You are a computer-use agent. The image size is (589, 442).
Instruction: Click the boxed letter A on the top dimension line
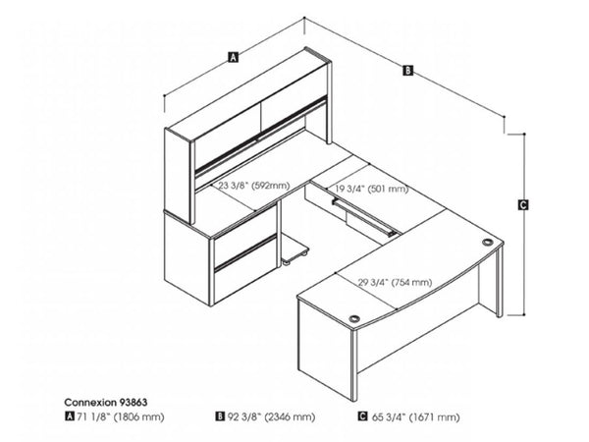pos(233,57)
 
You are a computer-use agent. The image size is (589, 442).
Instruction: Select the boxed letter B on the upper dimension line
pos(407,70)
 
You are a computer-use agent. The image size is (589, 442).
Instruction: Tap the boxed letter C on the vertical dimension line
pos(523,205)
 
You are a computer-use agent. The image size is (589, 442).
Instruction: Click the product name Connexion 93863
pos(107,401)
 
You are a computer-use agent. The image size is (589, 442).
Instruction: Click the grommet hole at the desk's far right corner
pos(487,242)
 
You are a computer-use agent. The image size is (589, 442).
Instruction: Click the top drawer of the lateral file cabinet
pos(241,247)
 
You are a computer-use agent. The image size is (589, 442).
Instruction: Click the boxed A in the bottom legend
pos(70,415)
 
